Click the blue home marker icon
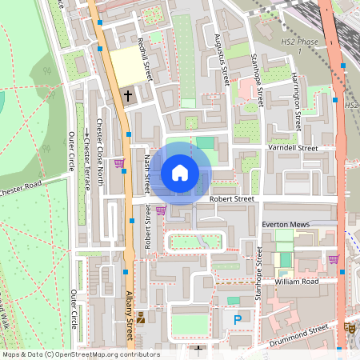pyautogui.click(x=179, y=172)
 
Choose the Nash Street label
pyautogui.click(x=147, y=175)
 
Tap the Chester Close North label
pyautogui.click(x=100, y=152)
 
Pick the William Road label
pyautogui.click(x=295, y=282)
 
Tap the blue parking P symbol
pyautogui.click(x=237, y=320)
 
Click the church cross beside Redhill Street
pyautogui.click(x=127, y=95)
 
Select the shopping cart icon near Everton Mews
pyautogui.click(x=334, y=258)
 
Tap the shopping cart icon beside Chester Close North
pyautogui.click(x=119, y=163)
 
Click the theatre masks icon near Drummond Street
pyautogui.click(x=350, y=327)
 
